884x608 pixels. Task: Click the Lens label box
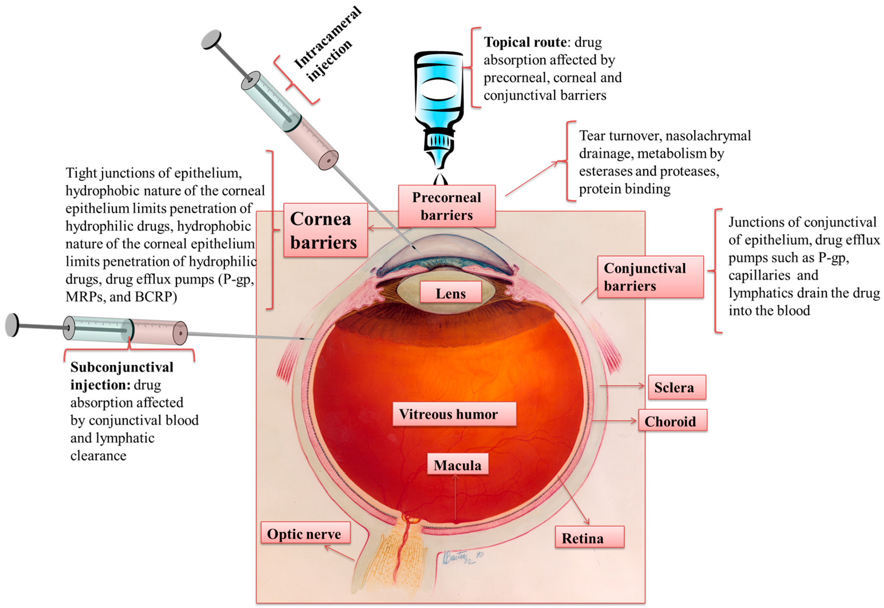pyautogui.click(x=450, y=293)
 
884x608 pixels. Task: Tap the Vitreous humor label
pyautogui.click(x=454, y=414)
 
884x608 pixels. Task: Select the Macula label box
pyautogui.click(x=457, y=465)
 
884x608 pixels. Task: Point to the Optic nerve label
pyautogui.click(x=305, y=533)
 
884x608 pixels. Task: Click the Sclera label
pyautogui.click(x=677, y=387)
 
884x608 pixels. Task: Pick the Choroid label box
pyautogui.click(x=672, y=421)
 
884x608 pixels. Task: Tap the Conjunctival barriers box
pyautogui.click(x=650, y=277)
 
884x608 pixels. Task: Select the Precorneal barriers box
pyautogui.click(x=446, y=206)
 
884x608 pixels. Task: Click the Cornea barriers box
pyautogui.click(x=325, y=230)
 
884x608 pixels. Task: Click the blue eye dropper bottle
pyautogui.click(x=439, y=103)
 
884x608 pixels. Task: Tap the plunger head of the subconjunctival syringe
pyautogui.click(x=13, y=325)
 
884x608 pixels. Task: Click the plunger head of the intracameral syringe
pyautogui.click(x=211, y=39)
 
